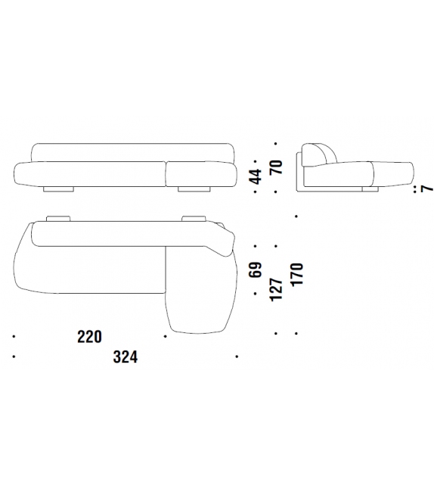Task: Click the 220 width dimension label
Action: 89,337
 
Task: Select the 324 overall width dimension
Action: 126,357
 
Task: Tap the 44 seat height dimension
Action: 256,176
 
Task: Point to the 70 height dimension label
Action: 276,167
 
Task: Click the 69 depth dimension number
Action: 256,270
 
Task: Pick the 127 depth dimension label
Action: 277,289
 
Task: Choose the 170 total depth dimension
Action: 297,274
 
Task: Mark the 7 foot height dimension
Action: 427,188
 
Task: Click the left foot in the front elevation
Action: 58,189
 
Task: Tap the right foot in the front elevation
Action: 194,189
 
